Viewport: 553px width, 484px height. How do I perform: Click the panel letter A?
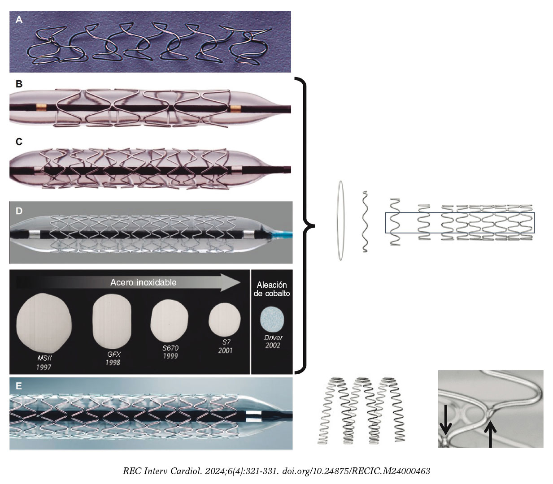(19, 19)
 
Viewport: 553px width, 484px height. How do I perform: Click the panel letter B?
(19, 84)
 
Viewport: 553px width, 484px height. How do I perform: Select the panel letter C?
(19, 142)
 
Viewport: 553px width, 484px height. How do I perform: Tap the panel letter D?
(19, 211)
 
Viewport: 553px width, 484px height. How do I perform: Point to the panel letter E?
(19, 386)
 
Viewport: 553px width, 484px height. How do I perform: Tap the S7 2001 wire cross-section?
(225, 320)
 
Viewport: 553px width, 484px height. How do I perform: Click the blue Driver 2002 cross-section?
(273, 320)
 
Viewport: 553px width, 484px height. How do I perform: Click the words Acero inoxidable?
(144, 282)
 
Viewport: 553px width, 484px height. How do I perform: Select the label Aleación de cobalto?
(272, 289)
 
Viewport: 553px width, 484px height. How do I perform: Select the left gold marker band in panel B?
(42, 108)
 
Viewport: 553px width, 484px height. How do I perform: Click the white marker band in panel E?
(253, 416)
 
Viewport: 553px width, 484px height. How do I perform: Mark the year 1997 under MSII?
(44, 367)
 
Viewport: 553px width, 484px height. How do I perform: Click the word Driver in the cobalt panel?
(273, 337)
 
